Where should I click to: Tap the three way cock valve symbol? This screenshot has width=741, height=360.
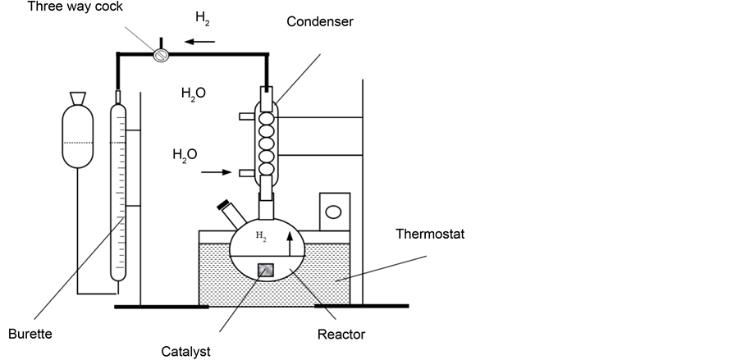click(161, 54)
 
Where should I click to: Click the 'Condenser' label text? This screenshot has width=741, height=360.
click(320, 21)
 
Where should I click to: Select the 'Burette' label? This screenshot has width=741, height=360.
click(30, 335)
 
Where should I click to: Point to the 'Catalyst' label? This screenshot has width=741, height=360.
click(186, 351)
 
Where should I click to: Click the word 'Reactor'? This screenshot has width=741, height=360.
click(341, 334)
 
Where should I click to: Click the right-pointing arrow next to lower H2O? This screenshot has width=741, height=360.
click(212, 172)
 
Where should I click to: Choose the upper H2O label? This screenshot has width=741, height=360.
click(193, 93)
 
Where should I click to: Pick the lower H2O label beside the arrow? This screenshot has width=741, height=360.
click(185, 154)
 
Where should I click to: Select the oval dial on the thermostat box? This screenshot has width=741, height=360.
click(334, 212)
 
